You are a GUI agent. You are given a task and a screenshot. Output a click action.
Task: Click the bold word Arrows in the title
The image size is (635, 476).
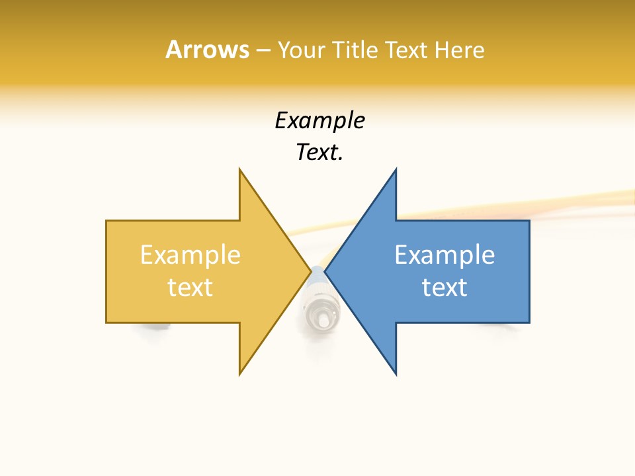pos(207,50)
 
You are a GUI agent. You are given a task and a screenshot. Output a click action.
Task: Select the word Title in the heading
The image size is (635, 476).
pos(357,50)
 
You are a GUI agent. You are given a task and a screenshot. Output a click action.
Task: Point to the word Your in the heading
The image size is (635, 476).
pos(299,50)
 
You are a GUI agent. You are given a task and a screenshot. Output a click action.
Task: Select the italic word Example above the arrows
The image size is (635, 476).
pos(319,120)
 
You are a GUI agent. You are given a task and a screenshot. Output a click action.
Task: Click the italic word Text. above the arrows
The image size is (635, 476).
pos(319,153)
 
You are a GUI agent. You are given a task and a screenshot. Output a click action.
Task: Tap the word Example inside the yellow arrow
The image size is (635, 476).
pos(190,255)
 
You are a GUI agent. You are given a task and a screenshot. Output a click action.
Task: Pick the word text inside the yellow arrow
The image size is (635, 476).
pos(190,288)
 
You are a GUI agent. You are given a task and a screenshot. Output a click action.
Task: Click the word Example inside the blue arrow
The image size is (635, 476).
pos(444,255)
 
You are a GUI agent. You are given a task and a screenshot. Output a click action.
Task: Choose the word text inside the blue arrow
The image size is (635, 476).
pos(444,288)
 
